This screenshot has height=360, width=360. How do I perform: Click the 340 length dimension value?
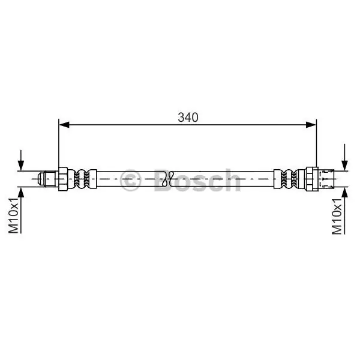188,118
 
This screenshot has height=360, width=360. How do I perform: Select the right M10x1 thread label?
337,216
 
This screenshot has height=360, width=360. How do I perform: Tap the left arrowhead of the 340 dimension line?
64,125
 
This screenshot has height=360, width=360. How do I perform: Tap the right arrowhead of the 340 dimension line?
311,125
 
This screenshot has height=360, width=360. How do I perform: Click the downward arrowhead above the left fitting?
21,166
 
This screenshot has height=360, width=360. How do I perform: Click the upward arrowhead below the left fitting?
21,193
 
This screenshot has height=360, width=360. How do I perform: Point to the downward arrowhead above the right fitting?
344,166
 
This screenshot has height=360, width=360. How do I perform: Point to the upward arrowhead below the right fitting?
344,193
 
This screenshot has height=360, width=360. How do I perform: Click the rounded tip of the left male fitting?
41,179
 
